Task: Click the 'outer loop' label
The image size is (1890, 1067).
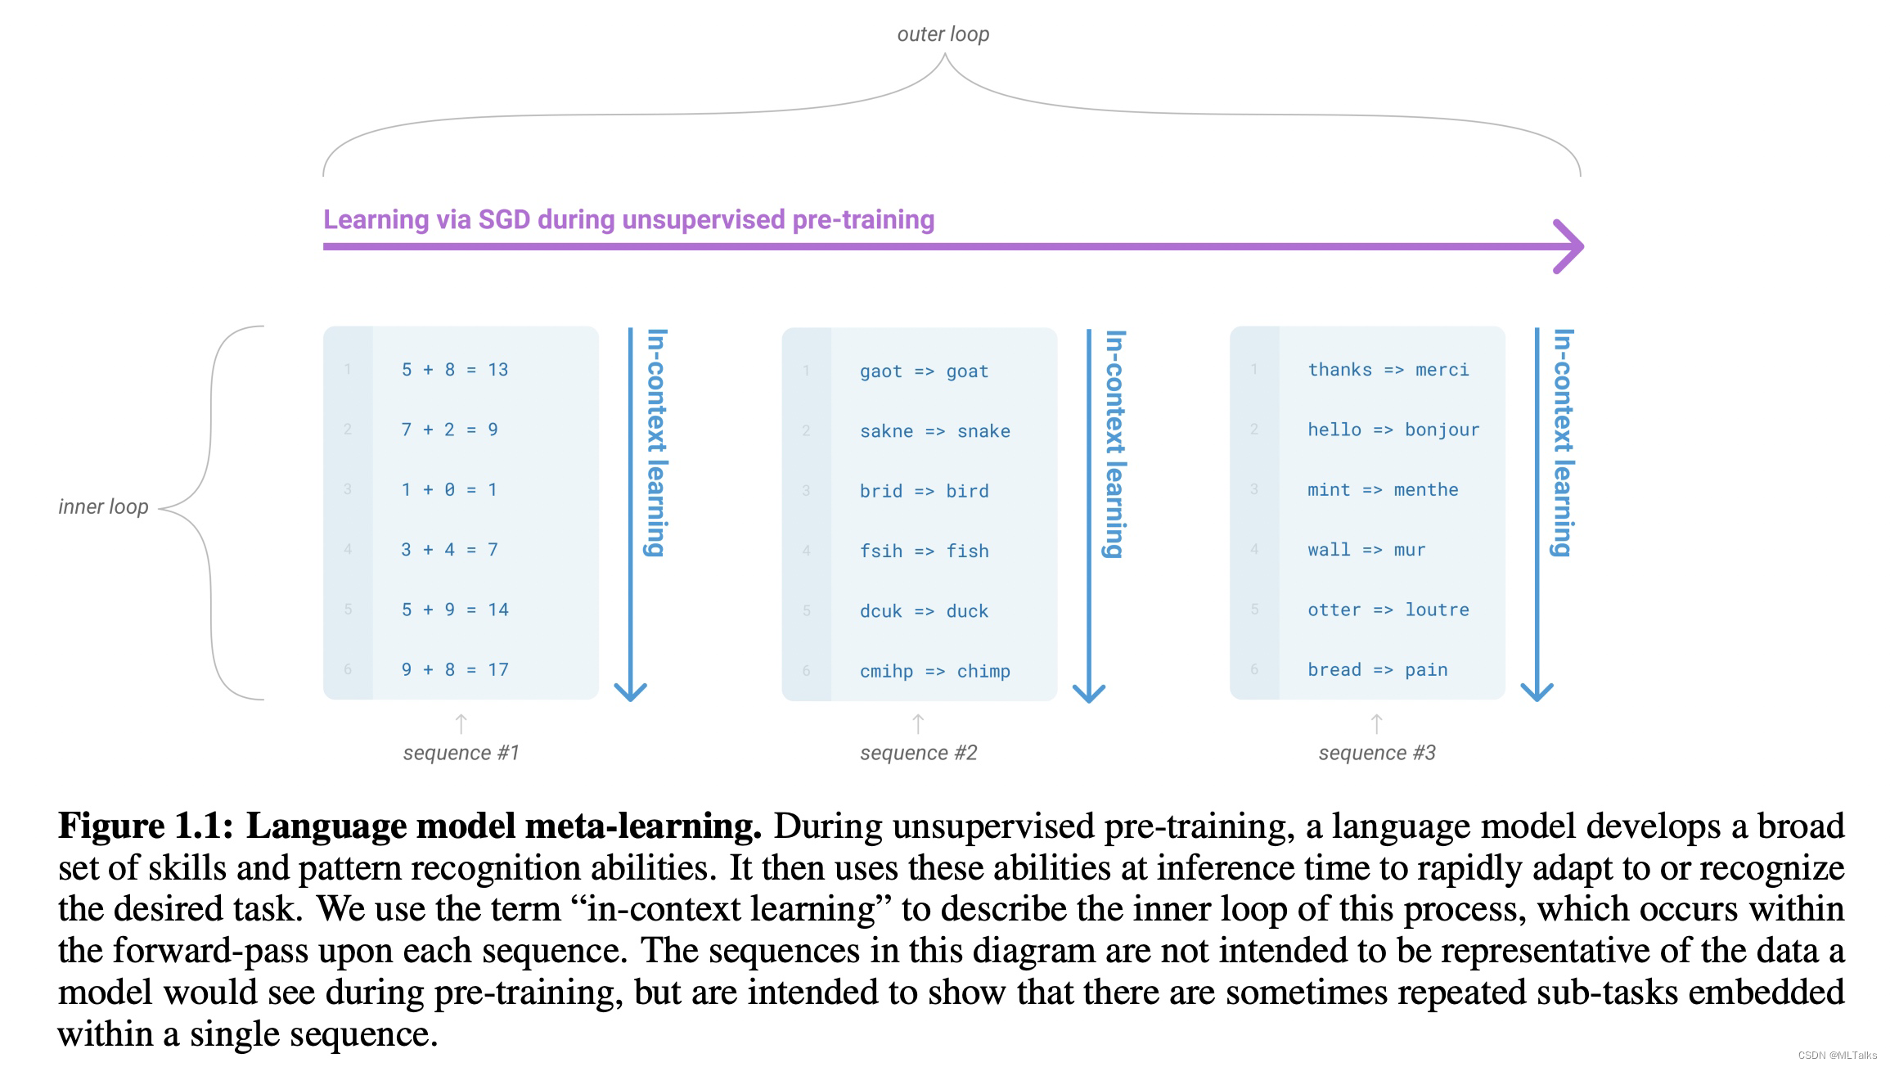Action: point(943,34)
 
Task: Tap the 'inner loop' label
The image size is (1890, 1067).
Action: point(103,506)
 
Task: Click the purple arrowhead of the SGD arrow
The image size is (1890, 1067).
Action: point(1569,246)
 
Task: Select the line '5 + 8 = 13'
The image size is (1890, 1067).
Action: point(454,370)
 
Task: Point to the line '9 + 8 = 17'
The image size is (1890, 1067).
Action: point(454,669)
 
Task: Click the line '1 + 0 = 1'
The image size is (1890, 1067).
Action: point(448,489)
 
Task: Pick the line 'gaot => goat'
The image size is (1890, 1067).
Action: point(924,371)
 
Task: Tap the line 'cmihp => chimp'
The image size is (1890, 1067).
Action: point(934,671)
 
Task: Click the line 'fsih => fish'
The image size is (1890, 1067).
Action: point(924,551)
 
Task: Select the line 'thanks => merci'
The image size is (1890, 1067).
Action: point(1388,370)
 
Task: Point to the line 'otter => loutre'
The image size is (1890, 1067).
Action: point(1388,610)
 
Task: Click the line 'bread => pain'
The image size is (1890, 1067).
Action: point(1377,669)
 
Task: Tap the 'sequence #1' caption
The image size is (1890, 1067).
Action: point(461,753)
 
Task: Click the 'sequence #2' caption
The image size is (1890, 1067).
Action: point(918,753)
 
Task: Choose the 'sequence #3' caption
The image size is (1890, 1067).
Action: point(1377,753)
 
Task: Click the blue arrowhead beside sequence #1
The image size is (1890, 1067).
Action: point(630,691)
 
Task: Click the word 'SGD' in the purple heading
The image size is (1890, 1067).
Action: point(504,219)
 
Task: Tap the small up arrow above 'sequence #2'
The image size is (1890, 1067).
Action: point(918,723)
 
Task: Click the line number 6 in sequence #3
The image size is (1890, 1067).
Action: point(1254,669)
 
